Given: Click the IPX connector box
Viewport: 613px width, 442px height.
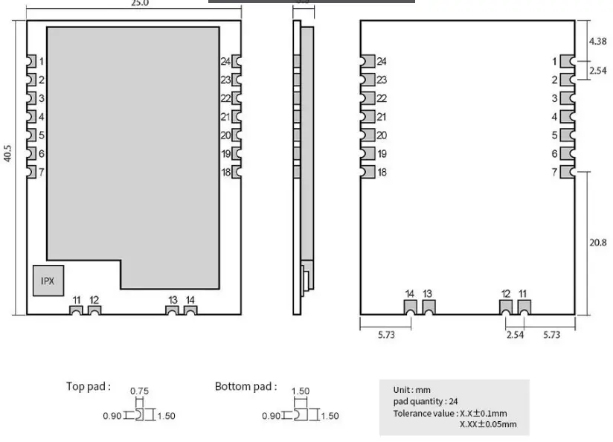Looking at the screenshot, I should coord(47,281).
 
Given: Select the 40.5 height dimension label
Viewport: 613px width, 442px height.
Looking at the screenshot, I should coord(8,153).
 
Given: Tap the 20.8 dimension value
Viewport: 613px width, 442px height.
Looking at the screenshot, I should coord(597,243).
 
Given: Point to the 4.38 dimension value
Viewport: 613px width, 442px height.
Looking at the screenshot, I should coord(597,42).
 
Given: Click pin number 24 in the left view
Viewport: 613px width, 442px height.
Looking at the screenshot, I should coord(225,61).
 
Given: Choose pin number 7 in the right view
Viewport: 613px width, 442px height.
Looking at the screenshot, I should coord(554,173).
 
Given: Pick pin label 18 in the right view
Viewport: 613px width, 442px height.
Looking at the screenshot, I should coord(382,173).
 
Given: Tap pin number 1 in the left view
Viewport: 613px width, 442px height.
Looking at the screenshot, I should coord(42,61).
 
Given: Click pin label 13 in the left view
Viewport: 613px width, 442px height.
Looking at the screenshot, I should coord(173,299).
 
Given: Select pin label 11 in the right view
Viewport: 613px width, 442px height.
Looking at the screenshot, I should coord(523,294).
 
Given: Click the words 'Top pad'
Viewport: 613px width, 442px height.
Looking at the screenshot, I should coord(88,386).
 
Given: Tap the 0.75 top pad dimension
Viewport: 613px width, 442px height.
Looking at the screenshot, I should coord(139,391).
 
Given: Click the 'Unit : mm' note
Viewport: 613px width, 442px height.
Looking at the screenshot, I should coord(411,390).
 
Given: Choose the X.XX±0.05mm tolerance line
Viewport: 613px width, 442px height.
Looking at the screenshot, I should coord(488,425).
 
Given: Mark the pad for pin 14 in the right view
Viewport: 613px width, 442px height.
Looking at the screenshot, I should coord(410,307).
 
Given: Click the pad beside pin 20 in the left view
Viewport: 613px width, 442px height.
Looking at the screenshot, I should coord(237,135).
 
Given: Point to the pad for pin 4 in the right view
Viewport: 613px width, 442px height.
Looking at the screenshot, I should coord(567,117).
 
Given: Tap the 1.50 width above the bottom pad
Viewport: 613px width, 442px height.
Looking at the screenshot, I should coord(300,391).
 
